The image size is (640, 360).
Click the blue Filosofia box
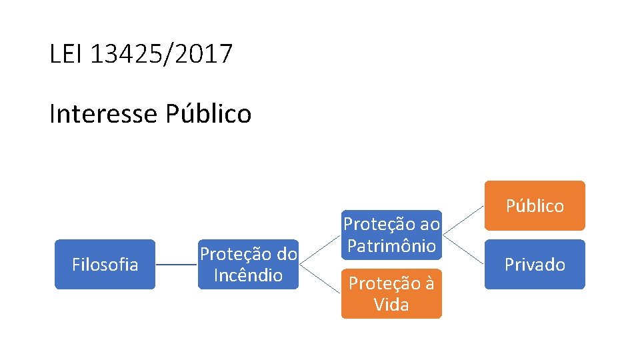tap(105, 264)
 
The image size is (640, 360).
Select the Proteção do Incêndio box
tap(248, 264)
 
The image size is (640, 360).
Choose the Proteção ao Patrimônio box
tap(391, 235)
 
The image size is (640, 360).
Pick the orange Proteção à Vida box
tap(391, 293)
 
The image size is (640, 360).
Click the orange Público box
tap(535, 205)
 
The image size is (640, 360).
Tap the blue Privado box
tap(535, 264)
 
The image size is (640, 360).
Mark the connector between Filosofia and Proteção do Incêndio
tap(177, 265)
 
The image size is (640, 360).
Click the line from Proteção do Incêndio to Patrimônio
tap(321, 249)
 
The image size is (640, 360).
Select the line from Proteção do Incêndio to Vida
tap(321, 279)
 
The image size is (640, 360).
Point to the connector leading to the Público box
tap(463, 220)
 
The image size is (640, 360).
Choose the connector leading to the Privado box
tap(463, 249)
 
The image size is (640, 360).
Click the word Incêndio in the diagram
tap(248, 275)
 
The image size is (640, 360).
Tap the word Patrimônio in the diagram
tap(391, 245)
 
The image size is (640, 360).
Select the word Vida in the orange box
tap(391, 305)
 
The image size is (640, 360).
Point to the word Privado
tap(535, 265)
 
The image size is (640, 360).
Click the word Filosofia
tap(105, 265)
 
